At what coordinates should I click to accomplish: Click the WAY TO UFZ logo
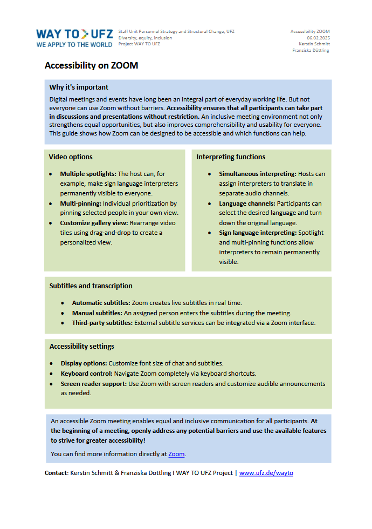click(x=74, y=37)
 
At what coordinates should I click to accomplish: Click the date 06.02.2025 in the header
click(x=318, y=38)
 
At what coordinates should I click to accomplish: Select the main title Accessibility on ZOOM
click(x=91, y=65)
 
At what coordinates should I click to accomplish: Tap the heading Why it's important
click(x=79, y=87)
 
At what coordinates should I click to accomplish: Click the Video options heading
click(x=71, y=157)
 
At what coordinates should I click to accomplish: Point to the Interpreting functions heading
click(x=231, y=157)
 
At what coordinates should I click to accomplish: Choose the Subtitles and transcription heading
click(x=91, y=286)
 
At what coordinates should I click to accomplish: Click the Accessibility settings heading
click(x=81, y=347)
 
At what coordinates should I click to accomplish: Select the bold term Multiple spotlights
click(x=88, y=174)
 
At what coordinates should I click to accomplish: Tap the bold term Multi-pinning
click(x=80, y=204)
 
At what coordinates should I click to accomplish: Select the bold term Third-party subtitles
click(x=102, y=323)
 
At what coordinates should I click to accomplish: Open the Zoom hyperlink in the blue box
click(x=176, y=455)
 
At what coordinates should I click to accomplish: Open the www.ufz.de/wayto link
click(x=266, y=473)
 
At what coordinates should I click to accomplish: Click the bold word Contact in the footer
click(x=56, y=473)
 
